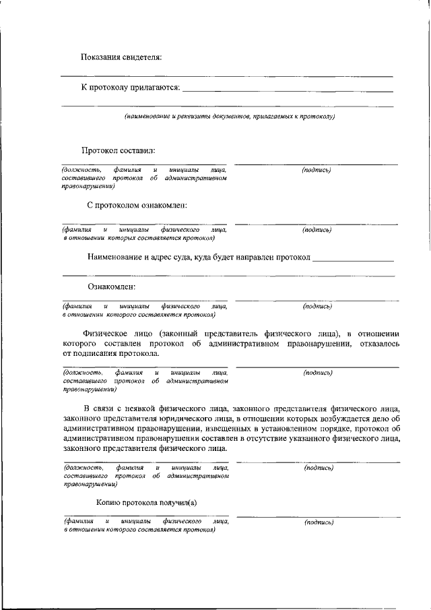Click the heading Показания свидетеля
[x=121, y=57]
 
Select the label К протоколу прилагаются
[x=130, y=88]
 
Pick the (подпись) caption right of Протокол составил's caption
[x=317, y=169]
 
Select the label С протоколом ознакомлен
[x=137, y=205]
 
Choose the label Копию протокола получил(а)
[x=146, y=502]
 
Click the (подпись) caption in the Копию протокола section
[x=319, y=522]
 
